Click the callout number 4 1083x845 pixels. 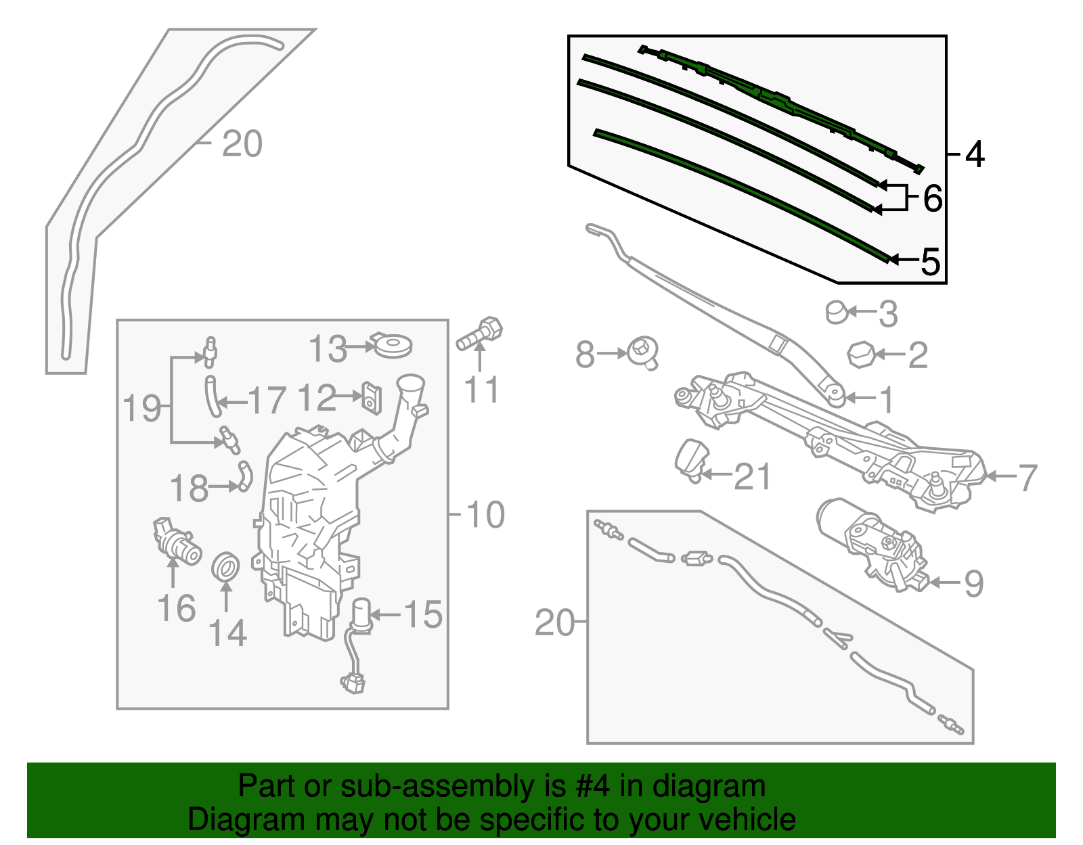[x=974, y=155]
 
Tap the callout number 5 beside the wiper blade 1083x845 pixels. [x=931, y=261]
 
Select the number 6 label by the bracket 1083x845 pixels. [x=932, y=199]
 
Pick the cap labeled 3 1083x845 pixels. [x=837, y=312]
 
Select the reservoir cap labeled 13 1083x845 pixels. [x=393, y=346]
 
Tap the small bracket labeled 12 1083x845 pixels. [x=372, y=397]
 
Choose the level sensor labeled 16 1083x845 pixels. [x=176, y=541]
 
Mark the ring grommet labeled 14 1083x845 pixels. [x=226, y=566]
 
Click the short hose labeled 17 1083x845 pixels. [x=213, y=398]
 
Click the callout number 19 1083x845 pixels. [x=141, y=408]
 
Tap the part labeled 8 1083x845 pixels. [x=642, y=352]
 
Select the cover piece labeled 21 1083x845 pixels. [x=691, y=459]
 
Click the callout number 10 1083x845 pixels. [x=485, y=515]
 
